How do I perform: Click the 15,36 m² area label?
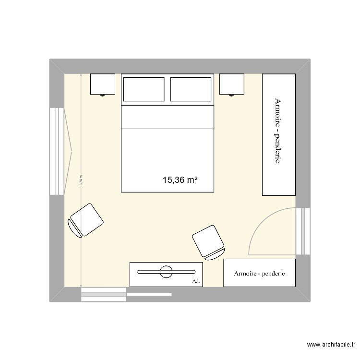(x=180, y=180)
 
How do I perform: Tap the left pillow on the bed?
(x=144, y=89)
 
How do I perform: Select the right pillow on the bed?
(x=191, y=89)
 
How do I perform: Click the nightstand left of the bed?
(x=103, y=84)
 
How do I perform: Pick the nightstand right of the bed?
(x=232, y=84)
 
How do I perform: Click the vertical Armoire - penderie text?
(x=277, y=131)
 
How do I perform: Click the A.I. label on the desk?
(x=195, y=281)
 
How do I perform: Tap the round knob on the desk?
(x=166, y=272)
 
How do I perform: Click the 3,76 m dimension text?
(x=82, y=180)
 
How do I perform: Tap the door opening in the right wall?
(x=302, y=231)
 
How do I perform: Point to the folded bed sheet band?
(x=167, y=117)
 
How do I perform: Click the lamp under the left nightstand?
(x=102, y=95)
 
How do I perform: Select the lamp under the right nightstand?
(x=232, y=95)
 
